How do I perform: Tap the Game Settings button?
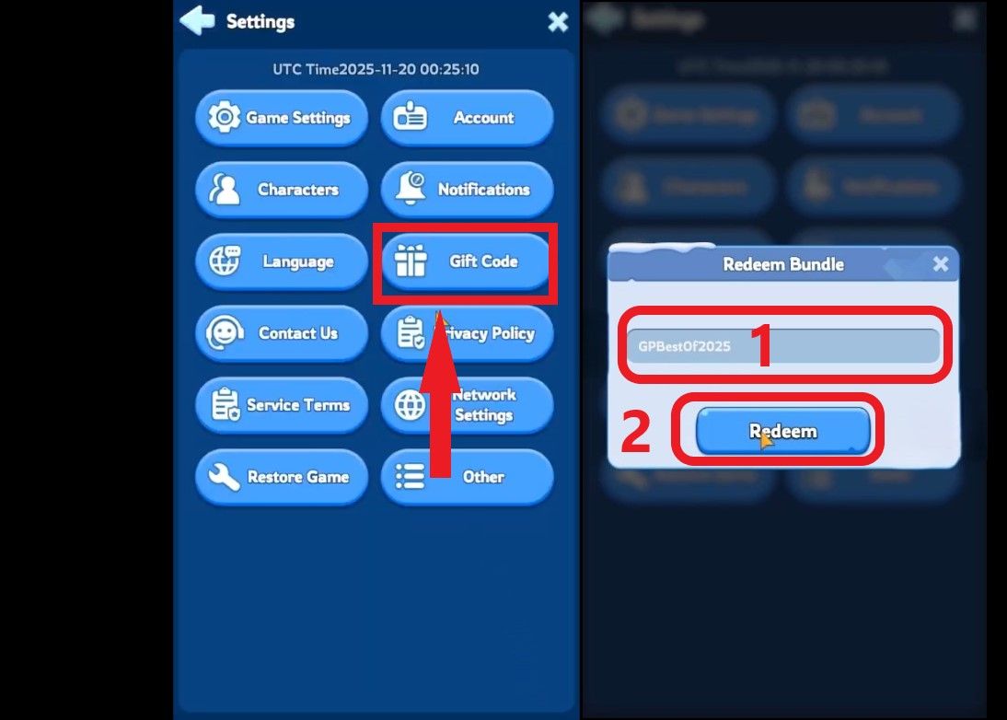point(282,118)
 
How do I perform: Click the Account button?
point(468,118)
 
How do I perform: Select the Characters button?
point(282,190)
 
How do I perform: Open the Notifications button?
point(468,190)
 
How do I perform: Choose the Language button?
point(282,261)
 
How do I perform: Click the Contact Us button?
point(282,333)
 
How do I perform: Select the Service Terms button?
point(282,405)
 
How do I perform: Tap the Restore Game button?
point(282,477)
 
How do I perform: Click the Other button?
point(468,477)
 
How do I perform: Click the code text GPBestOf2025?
point(684,347)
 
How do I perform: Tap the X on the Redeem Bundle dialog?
point(940,264)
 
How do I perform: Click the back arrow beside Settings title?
point(197,21)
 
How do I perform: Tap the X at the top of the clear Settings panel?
point(558,22)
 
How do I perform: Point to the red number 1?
point(760,346)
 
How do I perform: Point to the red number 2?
point(636,433)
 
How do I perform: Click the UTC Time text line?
point(376,70)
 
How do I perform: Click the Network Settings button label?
point(484,405)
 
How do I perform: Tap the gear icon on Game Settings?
point(224,118)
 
